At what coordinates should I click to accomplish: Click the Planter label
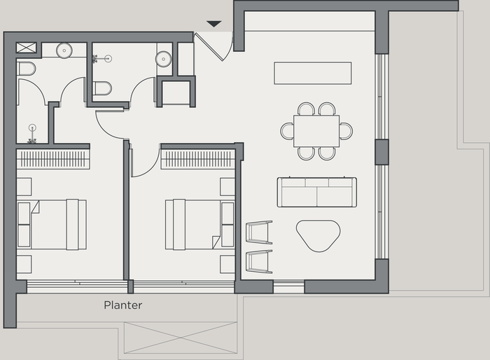pyautogui.click(x=123, y=305)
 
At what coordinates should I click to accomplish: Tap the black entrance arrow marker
pyautogui.click(x=214, y=25)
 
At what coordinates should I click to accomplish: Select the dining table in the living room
pyautogui.click(x=316, y=131)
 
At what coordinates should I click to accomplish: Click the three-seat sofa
pyautogui.click(x=316, y=192)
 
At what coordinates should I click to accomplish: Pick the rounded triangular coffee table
pyautogui.click(x=318, y=235)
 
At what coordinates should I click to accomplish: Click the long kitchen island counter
pyautogui.click(x=312, y=73)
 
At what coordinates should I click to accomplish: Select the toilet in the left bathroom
pyautogui.click(x=26, y=69)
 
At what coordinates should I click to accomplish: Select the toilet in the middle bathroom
pyautogui.click(x=102, y=88)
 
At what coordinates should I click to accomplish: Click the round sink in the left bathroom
pyautogui.click(x=64, y=50)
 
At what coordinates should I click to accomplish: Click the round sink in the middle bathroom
pyautogui.click(x=164, y=58)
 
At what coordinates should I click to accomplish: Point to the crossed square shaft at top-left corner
pyautogui.click(x=27, y=48)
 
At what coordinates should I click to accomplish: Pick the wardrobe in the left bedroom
pyautogui.click(x=53, y=159)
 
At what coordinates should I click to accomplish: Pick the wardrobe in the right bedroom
pyautogui.click(x=197, y=159)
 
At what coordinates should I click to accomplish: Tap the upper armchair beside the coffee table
pyautogui.click(x=259, y=232)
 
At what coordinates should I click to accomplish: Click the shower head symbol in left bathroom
pyautogui.click(x=32, y=128)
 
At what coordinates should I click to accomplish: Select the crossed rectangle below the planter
pyautogui.click(x=180, y=337)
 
